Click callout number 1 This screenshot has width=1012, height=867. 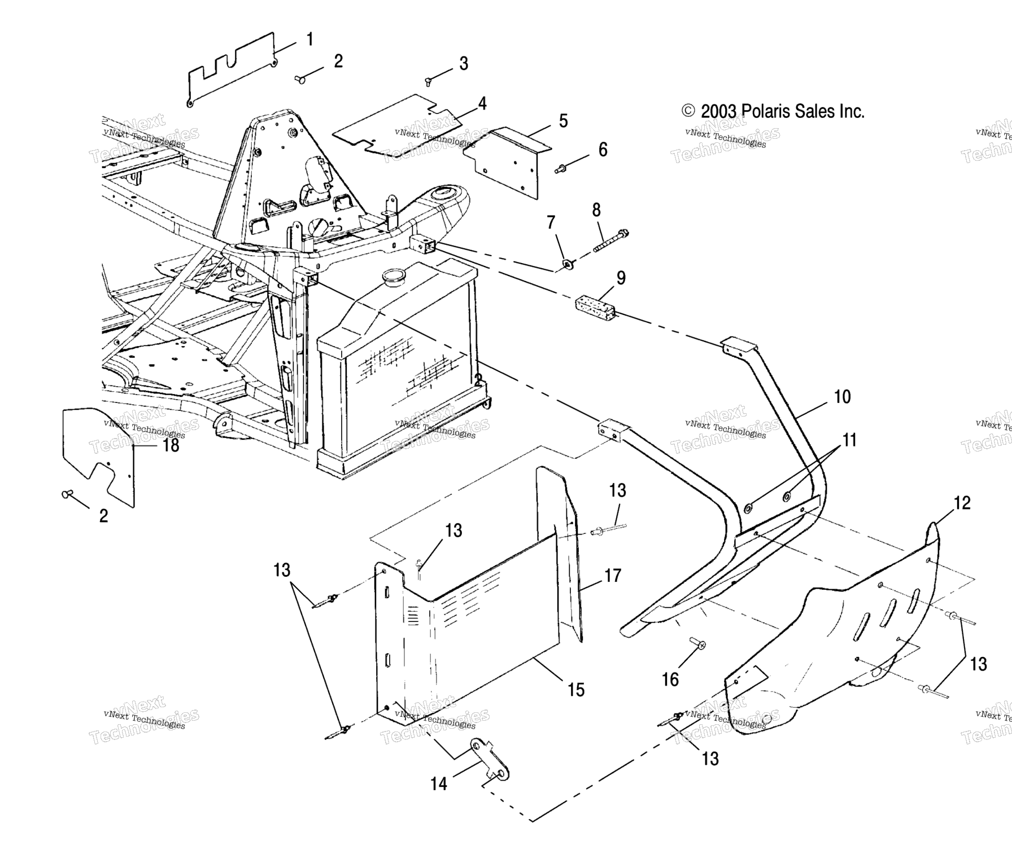tap(309, 40)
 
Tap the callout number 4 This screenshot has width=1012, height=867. tap(482, 103)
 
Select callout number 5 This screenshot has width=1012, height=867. tap(563, 121)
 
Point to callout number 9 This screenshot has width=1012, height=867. tap(621, 278)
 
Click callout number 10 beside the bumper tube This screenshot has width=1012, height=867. tap(841, 397)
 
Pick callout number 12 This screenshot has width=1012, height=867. tap(962, 503)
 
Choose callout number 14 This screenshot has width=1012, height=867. tap(439, 783)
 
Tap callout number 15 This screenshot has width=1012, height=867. tap(576, 689)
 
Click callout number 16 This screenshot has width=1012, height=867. tap(670, 680)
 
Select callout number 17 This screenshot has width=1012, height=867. tap(613, 575)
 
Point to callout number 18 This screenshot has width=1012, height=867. tap(171, 445)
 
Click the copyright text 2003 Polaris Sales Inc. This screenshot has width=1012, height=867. tap(773, 111)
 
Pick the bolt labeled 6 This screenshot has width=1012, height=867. tap(561, 168)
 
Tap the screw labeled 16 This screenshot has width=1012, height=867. tap(697, 644)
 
